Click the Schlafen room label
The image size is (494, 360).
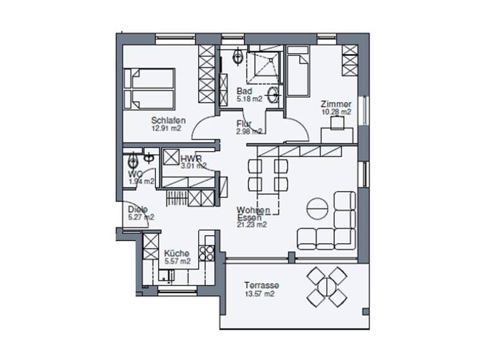(169, 120)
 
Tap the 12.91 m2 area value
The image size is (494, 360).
(166, 129)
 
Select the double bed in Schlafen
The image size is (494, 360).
(151, 89)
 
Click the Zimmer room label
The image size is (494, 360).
(336, 104)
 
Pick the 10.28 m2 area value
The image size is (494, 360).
(336, 113)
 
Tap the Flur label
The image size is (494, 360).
(244, 124)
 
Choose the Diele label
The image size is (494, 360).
(138, 209)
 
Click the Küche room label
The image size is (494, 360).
(176, 253)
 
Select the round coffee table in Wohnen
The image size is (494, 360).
(316, 209)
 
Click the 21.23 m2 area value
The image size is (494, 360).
(252, 226)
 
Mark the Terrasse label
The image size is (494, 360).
(260, 285)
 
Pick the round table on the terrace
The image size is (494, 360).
(326, 285)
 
